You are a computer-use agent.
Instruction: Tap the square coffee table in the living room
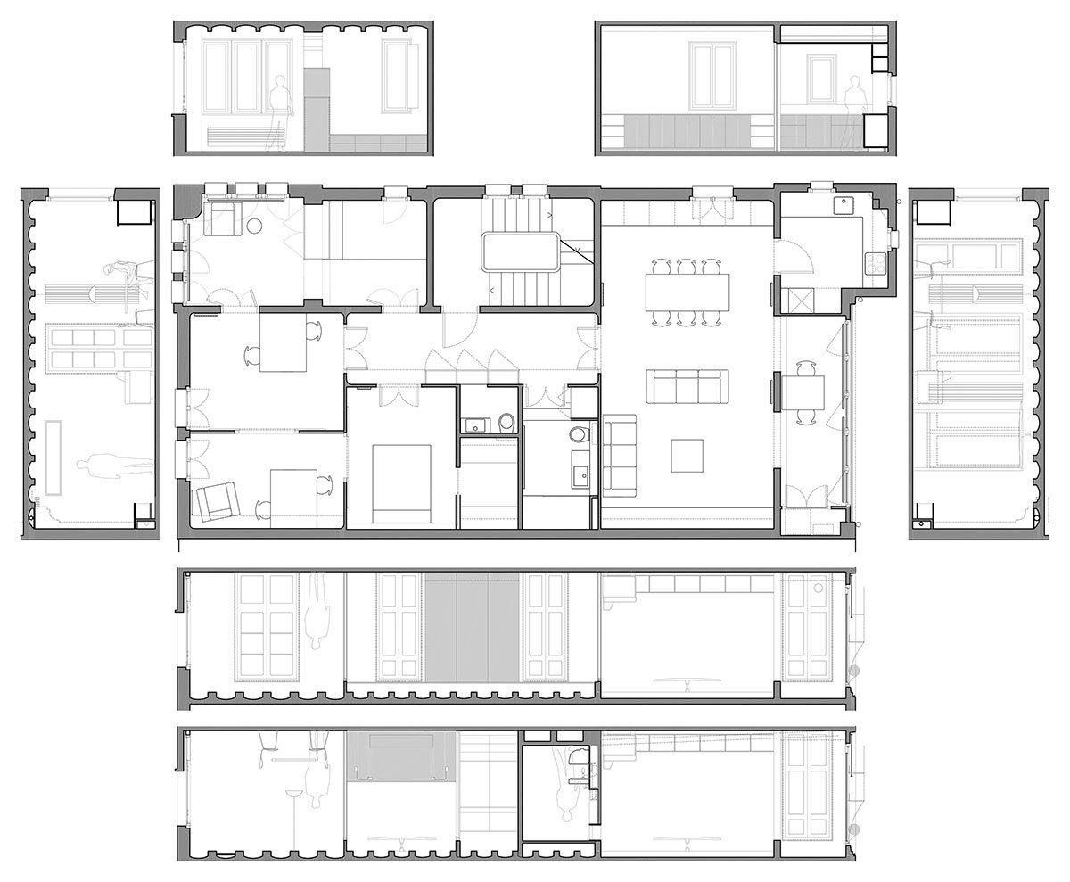[687, 456]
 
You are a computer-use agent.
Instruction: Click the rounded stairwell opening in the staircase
[521, 251]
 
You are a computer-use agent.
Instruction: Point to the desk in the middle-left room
[283, 343]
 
